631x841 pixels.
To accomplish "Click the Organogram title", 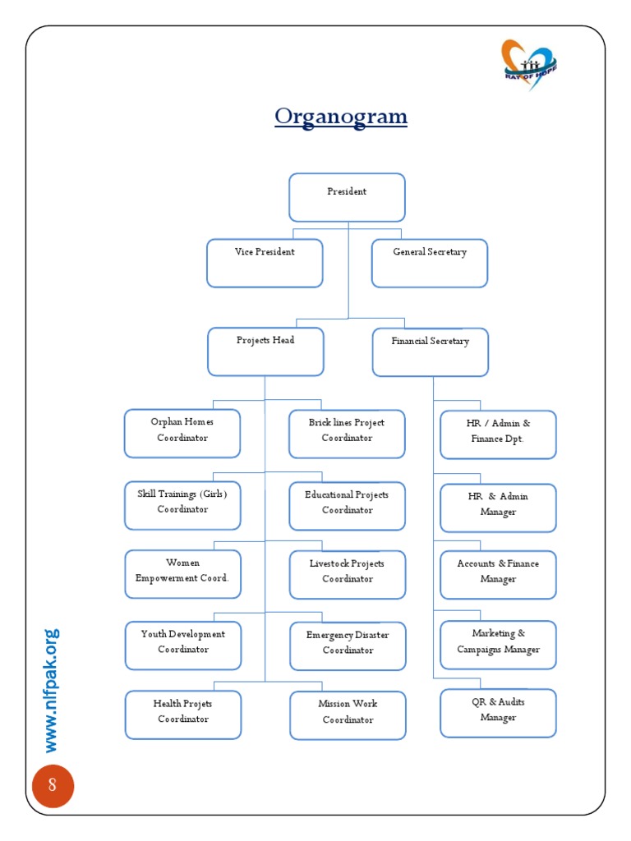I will coord(341,117).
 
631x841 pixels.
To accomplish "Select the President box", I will coord(347,197).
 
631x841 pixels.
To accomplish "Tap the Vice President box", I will coord(265,263).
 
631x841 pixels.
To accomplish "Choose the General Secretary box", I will coord(430,263).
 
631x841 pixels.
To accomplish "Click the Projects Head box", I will coord(265,352).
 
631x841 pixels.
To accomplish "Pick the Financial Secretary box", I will coord(431,352).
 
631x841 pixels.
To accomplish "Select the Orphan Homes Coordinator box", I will coord(182,433).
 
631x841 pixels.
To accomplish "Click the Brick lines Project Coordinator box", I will coord(347,434).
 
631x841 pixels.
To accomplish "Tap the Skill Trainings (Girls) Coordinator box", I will coord(182,505).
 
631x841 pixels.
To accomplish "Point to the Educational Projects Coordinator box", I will coord(347,506).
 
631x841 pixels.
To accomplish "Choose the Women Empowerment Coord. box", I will coord(182,574).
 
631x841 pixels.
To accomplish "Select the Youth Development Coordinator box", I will coord(183,646).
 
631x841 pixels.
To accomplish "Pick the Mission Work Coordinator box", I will coord(348,715).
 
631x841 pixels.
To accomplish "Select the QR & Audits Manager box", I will coord(498,713).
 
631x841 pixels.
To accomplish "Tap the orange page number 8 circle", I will coord(53,786).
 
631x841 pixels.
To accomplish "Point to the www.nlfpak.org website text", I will coord(52,690).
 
